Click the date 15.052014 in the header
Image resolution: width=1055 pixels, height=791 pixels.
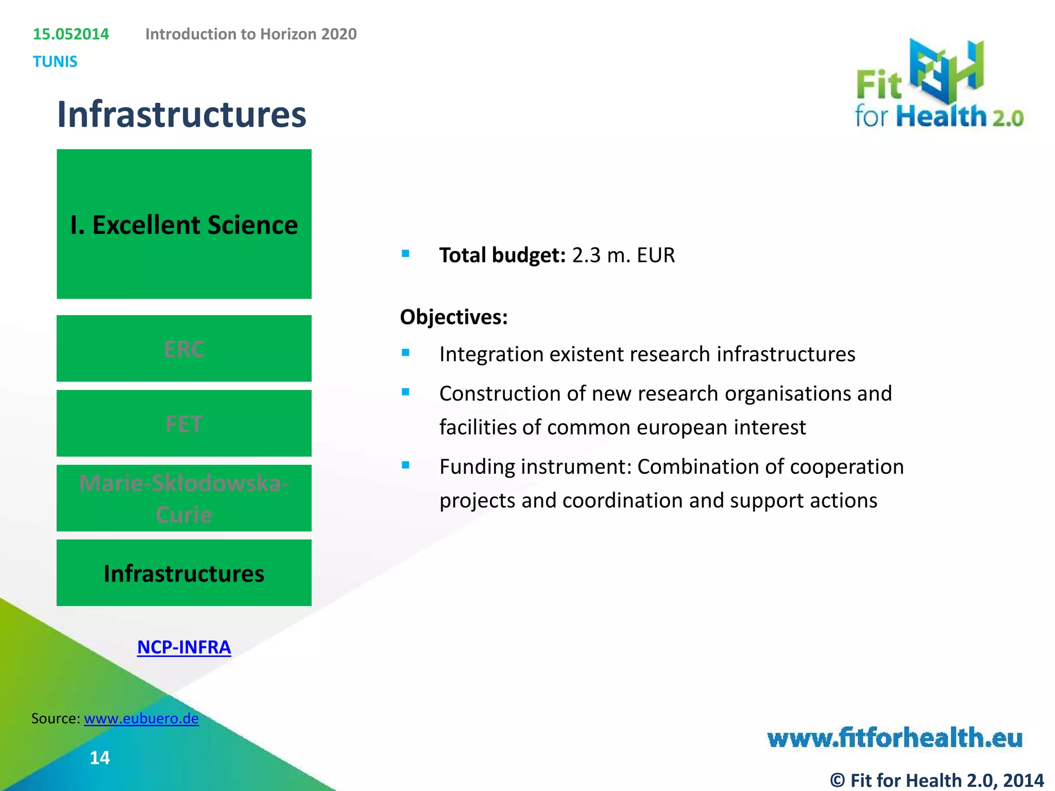pos(71,34)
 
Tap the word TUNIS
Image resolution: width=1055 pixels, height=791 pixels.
pos(55,62)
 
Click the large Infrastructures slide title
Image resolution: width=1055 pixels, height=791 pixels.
pos(181,114)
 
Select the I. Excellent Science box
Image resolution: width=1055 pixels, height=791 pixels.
pos(184,224)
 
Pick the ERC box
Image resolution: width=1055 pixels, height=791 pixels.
pos(184,349)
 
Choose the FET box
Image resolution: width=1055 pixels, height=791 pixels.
pos(184,423)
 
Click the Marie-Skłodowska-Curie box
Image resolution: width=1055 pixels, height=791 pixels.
pos(184,498)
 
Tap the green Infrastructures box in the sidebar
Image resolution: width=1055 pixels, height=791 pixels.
pos(184,573)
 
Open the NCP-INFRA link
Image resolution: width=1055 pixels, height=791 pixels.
pos(184,647)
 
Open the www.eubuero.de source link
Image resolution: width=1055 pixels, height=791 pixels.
pos(141,718)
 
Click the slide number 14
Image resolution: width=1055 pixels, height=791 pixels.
pos(99,758)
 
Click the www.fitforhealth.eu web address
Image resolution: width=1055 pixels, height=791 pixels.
pos(895,737)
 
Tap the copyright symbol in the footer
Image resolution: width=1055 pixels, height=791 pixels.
pos(838,780)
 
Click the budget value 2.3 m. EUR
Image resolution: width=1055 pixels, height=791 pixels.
pos(623,255)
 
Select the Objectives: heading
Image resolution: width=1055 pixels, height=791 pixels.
pos(454,317)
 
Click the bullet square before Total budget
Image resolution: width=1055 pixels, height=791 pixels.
pos(406,253)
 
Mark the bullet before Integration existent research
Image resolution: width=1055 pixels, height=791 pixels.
pos(406,353)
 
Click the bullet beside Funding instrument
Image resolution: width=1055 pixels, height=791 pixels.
pos(406,465)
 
